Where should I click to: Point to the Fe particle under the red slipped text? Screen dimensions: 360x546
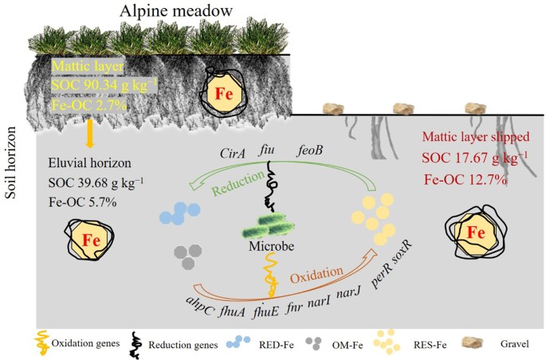[x=476, y=232]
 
